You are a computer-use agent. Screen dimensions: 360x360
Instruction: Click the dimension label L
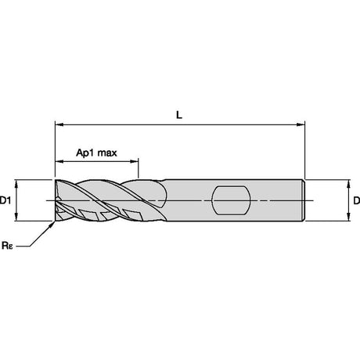(179, 115)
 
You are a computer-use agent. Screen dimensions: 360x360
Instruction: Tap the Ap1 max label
(96, 153)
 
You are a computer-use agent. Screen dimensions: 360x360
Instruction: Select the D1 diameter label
(5, 200)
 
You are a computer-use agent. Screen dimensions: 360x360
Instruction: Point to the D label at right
(356, 200)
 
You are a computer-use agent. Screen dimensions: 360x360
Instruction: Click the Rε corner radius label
(7, 246)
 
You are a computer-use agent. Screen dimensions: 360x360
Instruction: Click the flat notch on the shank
(231, 200)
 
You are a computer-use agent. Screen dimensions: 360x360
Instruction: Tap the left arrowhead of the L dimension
(59, 124)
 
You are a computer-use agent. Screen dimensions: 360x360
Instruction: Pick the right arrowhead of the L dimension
(301, 124)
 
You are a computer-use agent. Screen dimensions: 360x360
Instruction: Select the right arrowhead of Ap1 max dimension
(135, 161)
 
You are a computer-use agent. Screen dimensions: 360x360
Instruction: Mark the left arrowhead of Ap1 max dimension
(59, 161)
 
